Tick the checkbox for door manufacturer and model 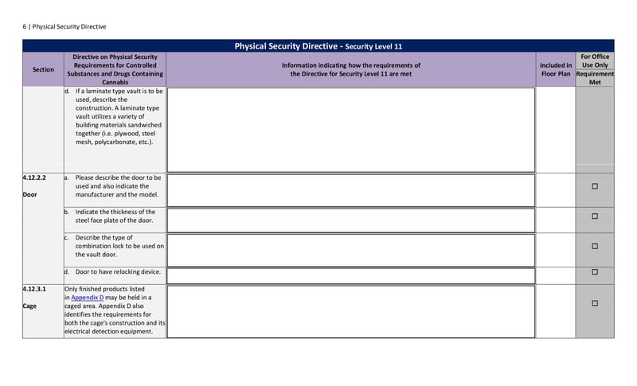pos(595,186)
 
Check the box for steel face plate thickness pos(595,216)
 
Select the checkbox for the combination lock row pos(595,247)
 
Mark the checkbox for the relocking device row pos(595,272)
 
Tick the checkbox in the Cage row pos(595,303)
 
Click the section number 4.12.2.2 pos(35,178)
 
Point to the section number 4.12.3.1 pos(35,289)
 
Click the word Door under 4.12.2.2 pos(30,194)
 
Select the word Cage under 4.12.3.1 pos(30,306)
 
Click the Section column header pos(43,69)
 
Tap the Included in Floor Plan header pos(556,69)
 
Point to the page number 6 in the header pos(24,26)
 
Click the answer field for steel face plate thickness pos(350,220)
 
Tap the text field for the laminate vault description pos(350,130)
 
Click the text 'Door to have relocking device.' pos(118,272)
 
